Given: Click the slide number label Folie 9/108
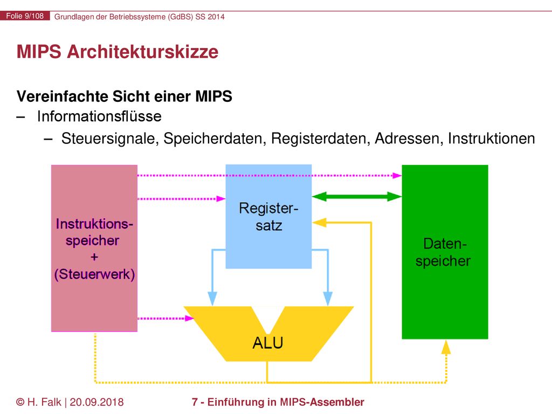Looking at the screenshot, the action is coord(25,16).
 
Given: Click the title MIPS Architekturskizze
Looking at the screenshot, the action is coord(118,52).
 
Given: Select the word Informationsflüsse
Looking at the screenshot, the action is coord(99,116).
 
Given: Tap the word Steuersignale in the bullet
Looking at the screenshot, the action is coord(108,139).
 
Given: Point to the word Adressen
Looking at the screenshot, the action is coord(407,139).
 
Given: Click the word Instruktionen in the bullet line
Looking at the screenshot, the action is coord(492,139).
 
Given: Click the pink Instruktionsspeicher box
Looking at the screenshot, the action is coord(94,248).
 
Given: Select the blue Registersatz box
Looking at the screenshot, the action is coord(268,217).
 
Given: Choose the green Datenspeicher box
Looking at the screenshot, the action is coord(445,252).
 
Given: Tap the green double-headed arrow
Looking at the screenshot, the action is coord(357,196).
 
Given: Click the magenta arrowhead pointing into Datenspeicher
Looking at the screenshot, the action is coord(397,175).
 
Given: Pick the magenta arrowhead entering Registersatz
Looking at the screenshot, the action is coord(221,199).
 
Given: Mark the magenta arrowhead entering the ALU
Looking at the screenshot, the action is coord(189,318).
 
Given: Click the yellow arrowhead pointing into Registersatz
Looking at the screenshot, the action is coord(319,223).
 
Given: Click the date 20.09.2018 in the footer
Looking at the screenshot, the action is coord(97,402).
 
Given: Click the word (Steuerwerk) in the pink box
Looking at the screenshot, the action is coord(94,274).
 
